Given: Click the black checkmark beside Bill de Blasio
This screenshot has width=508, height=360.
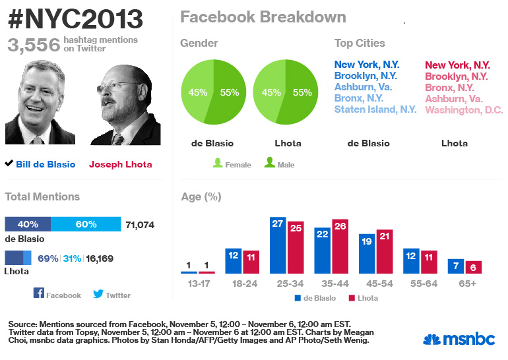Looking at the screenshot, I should [9, 164].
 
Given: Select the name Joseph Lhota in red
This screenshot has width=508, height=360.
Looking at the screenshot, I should [120, 164].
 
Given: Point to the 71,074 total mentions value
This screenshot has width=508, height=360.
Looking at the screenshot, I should [139, 225].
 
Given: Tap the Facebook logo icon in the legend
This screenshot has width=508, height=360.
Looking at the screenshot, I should [38, 294].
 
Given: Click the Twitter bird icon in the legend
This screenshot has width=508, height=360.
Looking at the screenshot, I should [98, 294].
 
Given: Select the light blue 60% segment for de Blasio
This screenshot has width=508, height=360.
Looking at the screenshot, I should [86, 225].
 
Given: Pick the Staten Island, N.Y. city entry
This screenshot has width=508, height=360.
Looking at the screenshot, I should [375, 109].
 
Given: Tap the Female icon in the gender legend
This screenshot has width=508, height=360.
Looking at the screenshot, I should [218, 162].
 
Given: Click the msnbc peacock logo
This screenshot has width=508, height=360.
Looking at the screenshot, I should [432, 340].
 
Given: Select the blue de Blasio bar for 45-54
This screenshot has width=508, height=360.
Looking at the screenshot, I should [367, 254].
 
